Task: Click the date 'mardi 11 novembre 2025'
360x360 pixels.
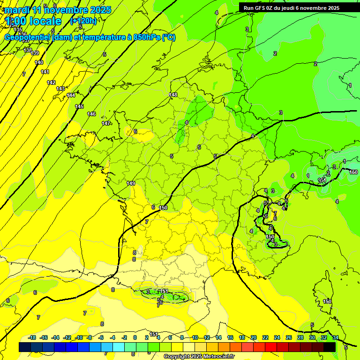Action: [58, 10]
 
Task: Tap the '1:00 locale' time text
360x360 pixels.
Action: [34, 22]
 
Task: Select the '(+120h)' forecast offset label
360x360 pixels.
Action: [83, 21]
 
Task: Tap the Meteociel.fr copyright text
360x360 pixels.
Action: [199, 357]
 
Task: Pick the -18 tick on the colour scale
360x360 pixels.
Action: [32, 337]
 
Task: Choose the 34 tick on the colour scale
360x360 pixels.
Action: [336, 337]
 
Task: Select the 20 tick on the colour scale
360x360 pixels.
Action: [254, 337]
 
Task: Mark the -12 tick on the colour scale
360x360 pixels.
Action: [67, 337]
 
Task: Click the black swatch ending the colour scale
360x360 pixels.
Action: [330, 347]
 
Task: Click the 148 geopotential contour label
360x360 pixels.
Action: [173, 95]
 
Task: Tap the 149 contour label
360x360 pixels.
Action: [131, 183]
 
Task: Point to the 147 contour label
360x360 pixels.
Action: [106, 123]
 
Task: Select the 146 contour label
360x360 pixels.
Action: [91, 114]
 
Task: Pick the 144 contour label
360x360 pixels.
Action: [71, 95]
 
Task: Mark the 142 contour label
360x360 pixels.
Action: [51, 82]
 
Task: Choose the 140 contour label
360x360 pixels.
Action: [39, 62]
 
